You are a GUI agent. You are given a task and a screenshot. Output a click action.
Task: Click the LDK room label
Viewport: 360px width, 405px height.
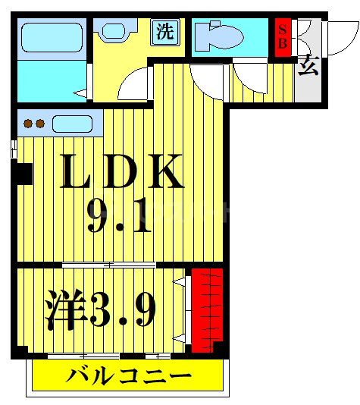pyautogui.click(x=121, y=173)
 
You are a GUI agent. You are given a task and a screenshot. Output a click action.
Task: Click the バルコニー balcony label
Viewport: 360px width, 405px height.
pyautogui.click(x=127, y=375)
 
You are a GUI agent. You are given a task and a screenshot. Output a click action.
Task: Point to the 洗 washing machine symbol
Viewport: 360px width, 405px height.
pyautogui.click(x=165, y=31)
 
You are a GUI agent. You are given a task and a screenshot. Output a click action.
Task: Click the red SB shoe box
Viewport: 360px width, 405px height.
pyautogui.click(x=282, y=36)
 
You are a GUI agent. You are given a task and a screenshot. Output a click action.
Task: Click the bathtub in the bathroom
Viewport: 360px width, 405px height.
pyautogui.click(x=52, y=36)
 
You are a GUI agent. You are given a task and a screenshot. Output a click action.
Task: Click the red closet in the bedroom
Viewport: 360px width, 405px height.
pyautogui.click(x=206, y=309)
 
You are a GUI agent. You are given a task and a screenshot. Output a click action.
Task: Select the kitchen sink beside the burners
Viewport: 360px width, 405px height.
pyautogui.click(x=71, y=123)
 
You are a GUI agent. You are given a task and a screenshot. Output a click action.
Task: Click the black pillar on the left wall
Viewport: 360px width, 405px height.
pyautogui.click(x=24, y=174)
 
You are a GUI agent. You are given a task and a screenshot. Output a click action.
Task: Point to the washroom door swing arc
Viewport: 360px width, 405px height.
pyautogui.click(x=135, y=86)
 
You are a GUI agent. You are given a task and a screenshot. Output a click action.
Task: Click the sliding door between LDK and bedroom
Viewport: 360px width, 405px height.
pyautogui.click(x=109, y=264)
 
